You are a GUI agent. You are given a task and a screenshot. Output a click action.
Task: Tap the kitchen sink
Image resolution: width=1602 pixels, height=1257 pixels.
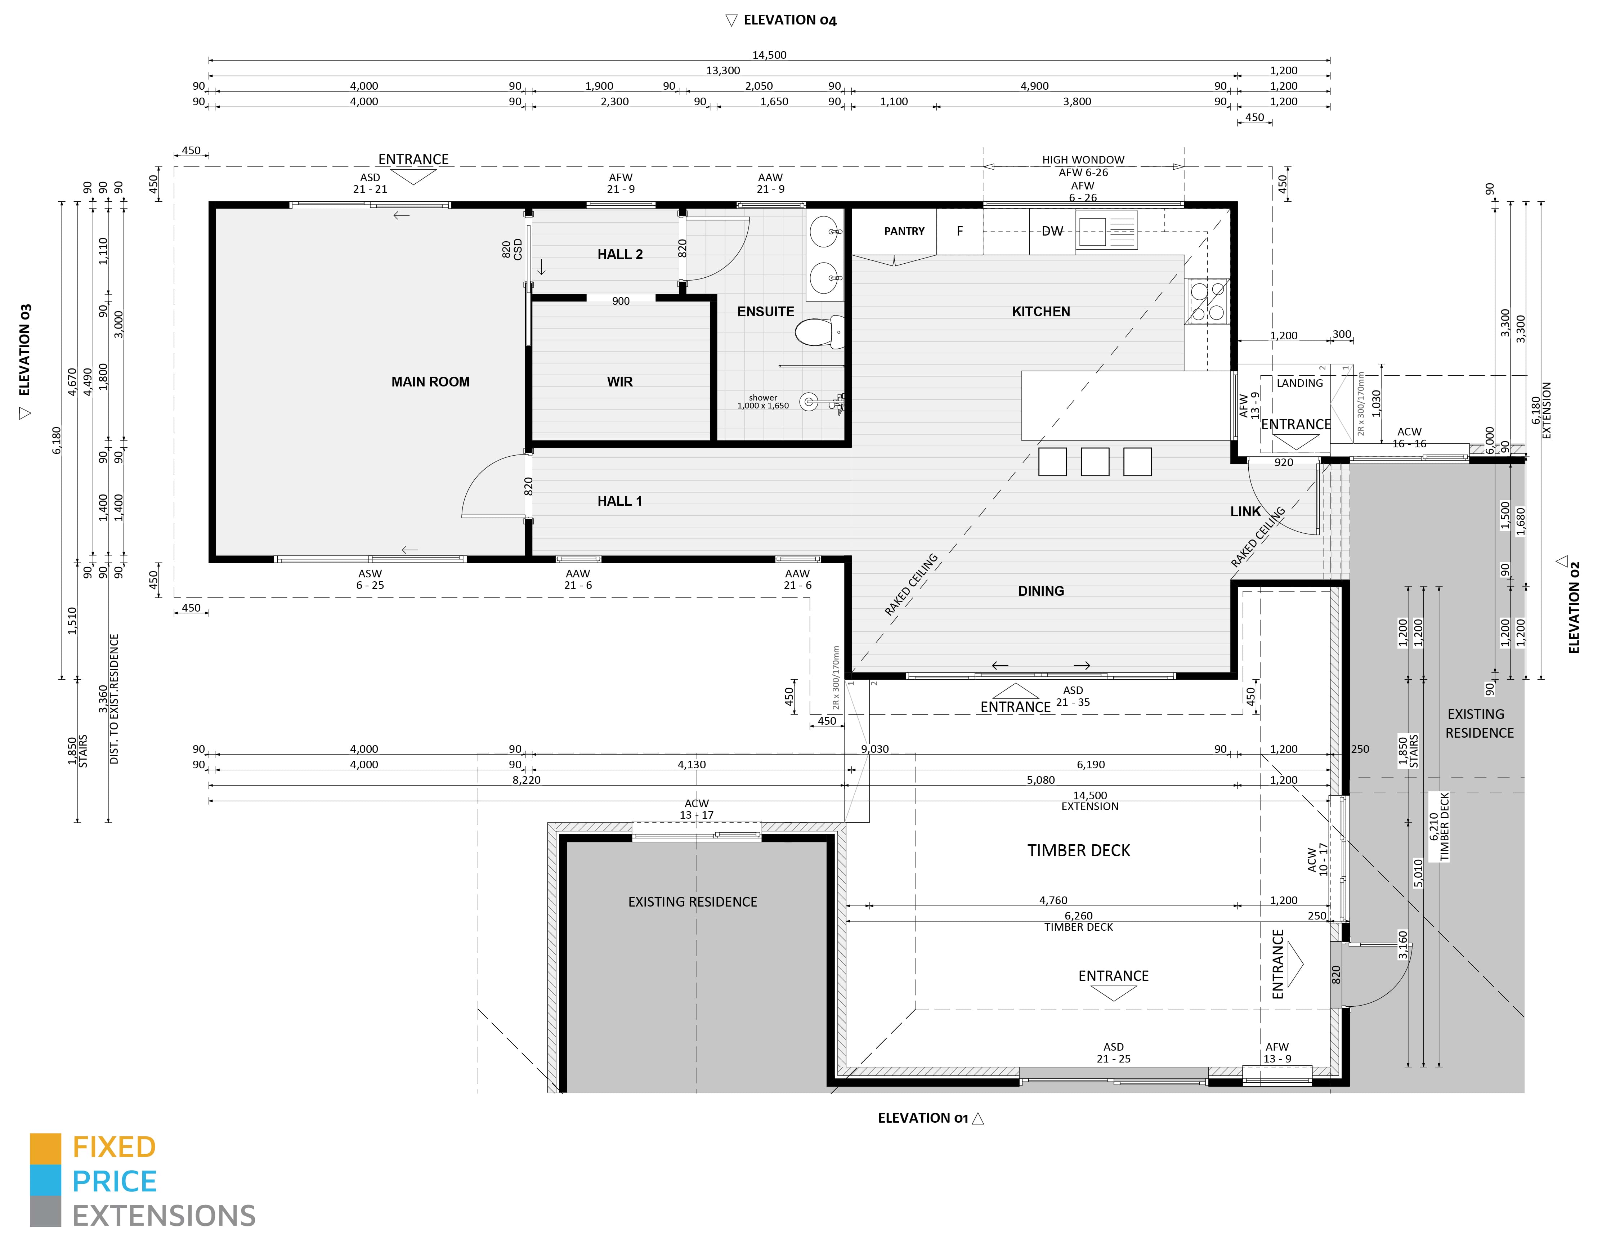coord(1106,230)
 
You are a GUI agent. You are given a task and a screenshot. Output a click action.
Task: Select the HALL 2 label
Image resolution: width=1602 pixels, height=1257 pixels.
coord(619,255)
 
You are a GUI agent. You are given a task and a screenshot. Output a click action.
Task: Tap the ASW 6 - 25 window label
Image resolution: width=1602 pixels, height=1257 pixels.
coord(370,579)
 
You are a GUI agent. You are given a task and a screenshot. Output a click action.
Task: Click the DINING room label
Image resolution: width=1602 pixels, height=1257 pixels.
coord(1041,591)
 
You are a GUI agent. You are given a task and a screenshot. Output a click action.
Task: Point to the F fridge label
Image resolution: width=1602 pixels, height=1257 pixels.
coord(959,231)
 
